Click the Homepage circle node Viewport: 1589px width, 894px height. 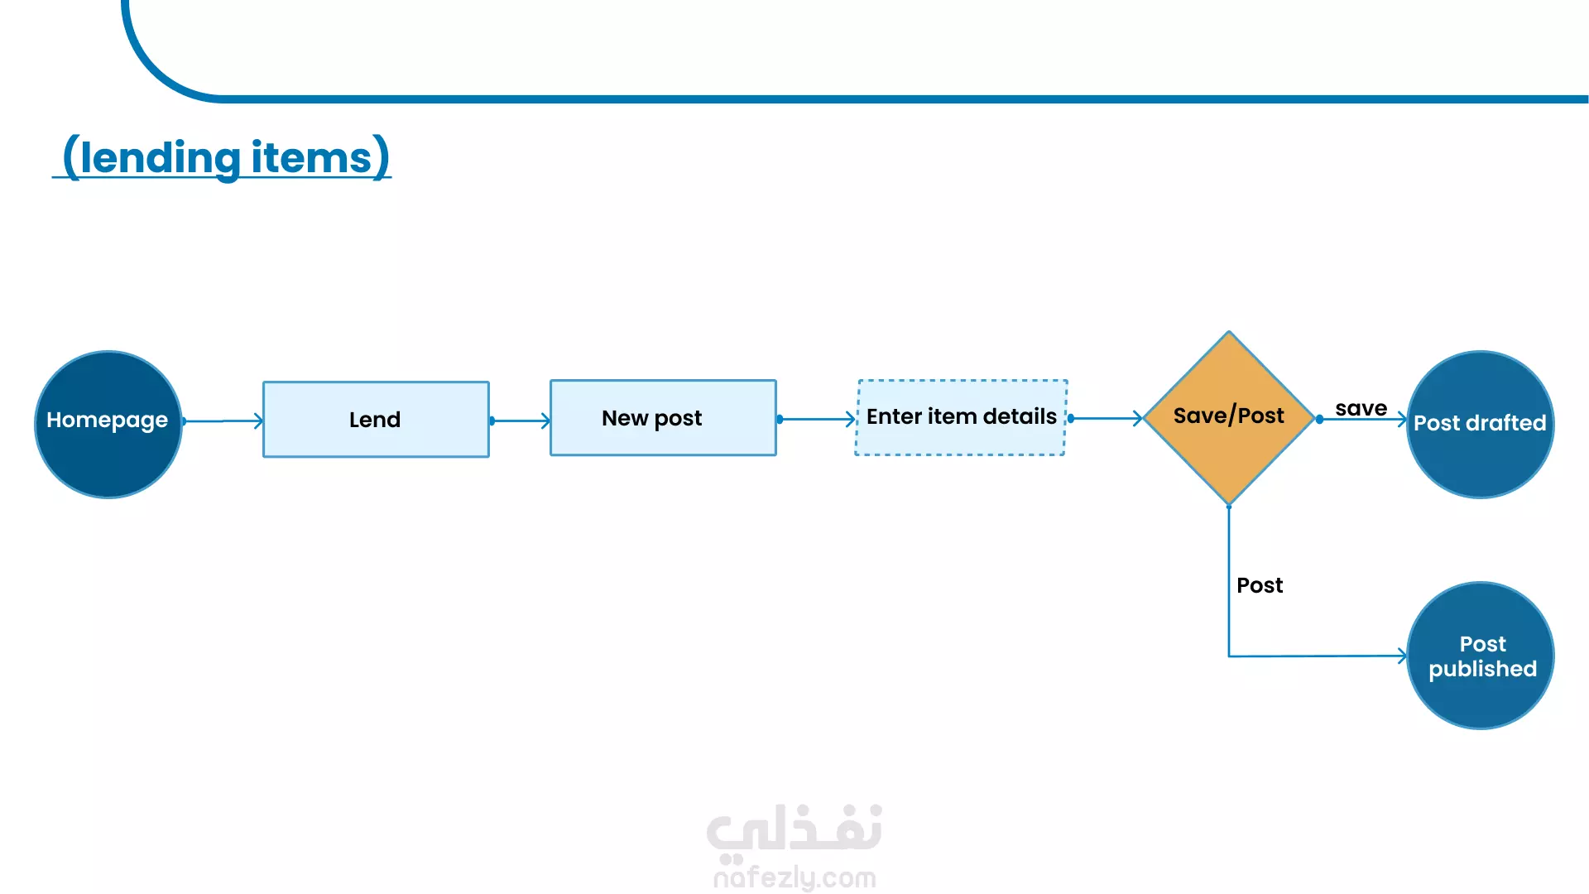tap(108, 425)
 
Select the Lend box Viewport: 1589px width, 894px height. tap(376, 419)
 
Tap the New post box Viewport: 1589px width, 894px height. tap(663, 418)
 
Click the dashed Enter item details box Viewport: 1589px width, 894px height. tap(961, 417)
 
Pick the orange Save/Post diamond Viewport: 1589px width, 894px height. tap(1229, 418)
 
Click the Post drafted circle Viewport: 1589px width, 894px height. tap(1480, 425)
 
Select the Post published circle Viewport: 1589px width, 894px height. tap(1480, 656)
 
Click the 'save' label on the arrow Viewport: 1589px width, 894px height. tap(1361, 408)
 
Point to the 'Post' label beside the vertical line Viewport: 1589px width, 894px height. tap(1260, 585)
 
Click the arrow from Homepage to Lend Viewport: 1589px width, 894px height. tap(223, 421)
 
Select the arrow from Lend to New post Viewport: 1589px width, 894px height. tap(520, 421)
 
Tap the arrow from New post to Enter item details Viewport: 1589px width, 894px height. tap(817, 420)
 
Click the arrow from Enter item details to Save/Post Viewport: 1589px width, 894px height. tap(1106, 419)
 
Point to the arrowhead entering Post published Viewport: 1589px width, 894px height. tap(1403, 656)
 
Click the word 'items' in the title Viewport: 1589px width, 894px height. tap(311, 157)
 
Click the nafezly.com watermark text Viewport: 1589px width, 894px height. tap(794, 877)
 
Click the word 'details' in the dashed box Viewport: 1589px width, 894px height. tap(1020, 416)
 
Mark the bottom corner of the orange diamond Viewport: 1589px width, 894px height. tap(1229, 505)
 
